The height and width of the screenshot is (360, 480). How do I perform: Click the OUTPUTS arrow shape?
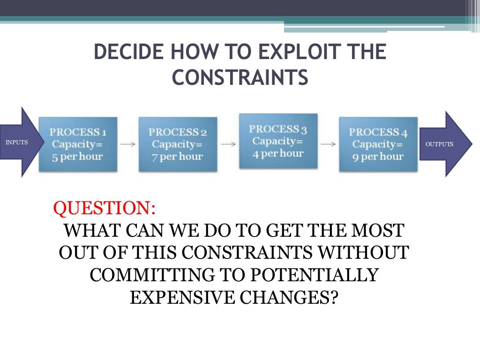point(443,144)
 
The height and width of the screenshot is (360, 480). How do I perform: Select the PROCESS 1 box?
point(78,144)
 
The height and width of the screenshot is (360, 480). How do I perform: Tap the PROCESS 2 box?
point(178,144)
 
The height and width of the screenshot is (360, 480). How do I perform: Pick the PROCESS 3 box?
point(278,141)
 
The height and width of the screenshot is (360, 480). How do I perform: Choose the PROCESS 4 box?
point(378,144)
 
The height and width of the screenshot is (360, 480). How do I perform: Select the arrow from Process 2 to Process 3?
point(228,144)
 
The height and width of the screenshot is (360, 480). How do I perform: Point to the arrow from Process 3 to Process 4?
point(328,144)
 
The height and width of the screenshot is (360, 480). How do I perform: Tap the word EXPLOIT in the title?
point(296,52)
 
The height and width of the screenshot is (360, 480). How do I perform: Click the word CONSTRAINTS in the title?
point(240,78)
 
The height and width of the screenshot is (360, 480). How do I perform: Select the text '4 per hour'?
point(278,153)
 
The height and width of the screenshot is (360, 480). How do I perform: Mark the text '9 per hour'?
point(378,157)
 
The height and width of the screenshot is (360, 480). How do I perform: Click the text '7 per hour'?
point(178,157)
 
